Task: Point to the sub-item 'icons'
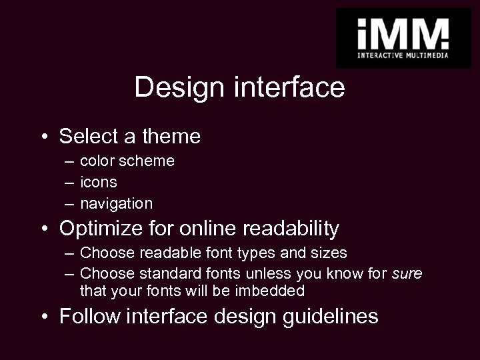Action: point(98,182)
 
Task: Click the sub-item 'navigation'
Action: point(116,203)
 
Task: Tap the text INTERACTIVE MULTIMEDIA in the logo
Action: point(403,55)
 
